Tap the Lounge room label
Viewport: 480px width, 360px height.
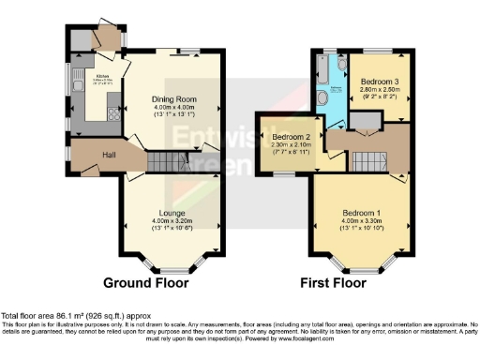click(x=172, y=213)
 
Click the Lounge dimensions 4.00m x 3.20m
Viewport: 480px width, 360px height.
click(x=172, y=220)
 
